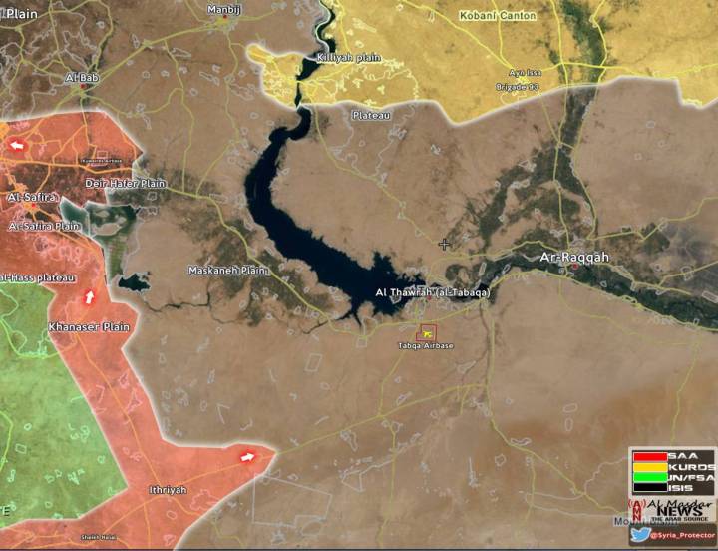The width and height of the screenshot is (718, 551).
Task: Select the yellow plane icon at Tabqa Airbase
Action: point(427,332)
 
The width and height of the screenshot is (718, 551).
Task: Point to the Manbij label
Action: point(224,10)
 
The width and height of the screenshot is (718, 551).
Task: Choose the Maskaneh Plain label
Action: point(229,271)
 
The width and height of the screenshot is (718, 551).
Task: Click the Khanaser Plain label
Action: point(89,327)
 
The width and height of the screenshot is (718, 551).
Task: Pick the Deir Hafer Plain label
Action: point(125,184)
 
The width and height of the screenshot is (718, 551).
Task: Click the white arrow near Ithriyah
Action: point(248,457)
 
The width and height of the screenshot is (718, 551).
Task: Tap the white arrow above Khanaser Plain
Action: point(89,296)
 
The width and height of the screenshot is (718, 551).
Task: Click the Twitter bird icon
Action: point(640,534)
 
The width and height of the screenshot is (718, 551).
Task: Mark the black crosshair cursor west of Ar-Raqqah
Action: point(445,244)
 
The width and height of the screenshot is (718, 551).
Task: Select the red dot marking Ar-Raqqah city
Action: point(574,268)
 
